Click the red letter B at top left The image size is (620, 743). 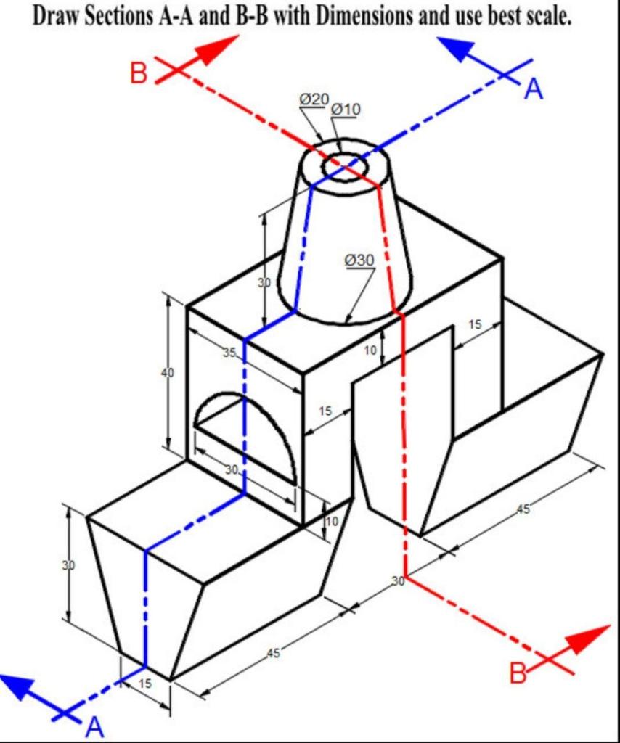click(139, 74)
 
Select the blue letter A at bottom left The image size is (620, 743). click(94, 726)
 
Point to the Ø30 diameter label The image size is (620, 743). click(359, 260)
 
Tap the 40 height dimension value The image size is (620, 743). click(168, 373)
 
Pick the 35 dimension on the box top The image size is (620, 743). click(229, 353)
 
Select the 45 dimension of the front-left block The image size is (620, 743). click(272, 654)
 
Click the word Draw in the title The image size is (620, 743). click(57, 17)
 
